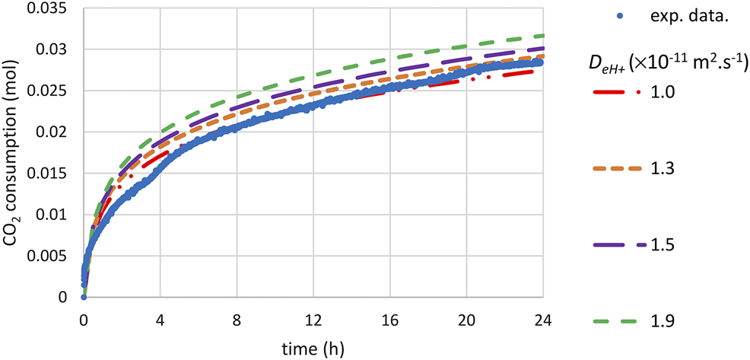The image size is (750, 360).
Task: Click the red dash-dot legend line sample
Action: [x=617, y=93]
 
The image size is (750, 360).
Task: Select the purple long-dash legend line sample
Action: [x=617, y=245]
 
